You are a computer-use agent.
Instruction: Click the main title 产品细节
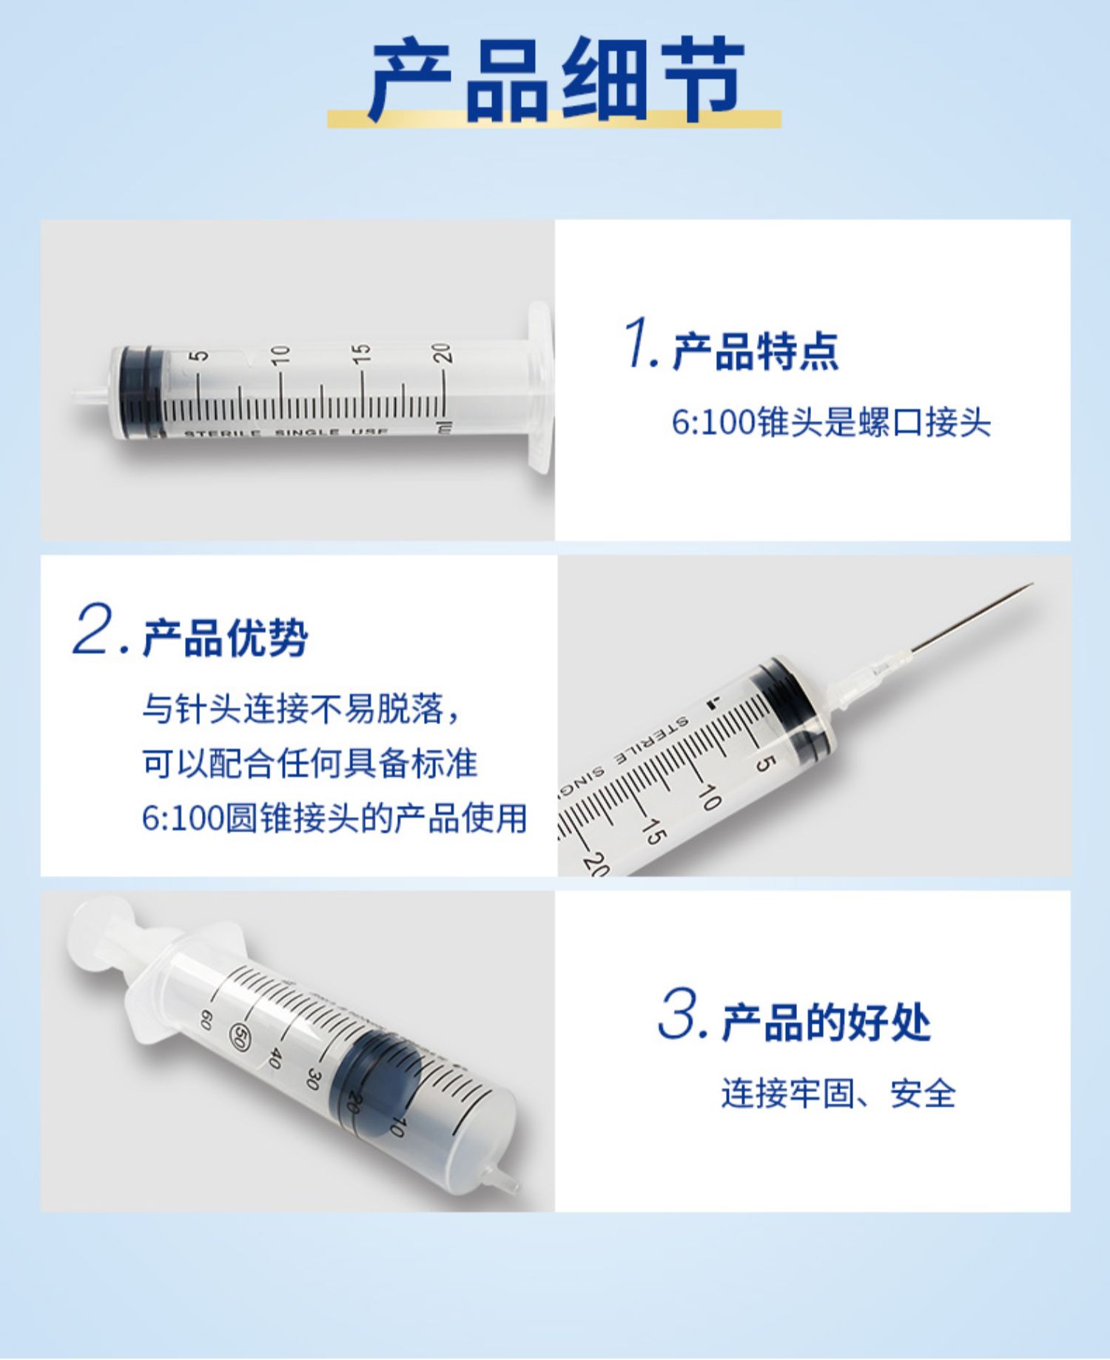coord(555,79)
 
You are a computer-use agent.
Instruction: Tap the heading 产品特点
coord(756,351)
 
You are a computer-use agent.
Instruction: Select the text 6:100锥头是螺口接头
coord(831,423)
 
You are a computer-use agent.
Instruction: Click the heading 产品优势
coord(225,637)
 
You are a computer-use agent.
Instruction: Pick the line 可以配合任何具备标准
coord(310,763)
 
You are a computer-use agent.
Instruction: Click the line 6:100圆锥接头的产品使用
coord(334,818)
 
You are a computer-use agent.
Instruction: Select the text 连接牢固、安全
coord(838,1094)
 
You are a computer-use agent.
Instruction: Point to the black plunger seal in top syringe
coord(141,393)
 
